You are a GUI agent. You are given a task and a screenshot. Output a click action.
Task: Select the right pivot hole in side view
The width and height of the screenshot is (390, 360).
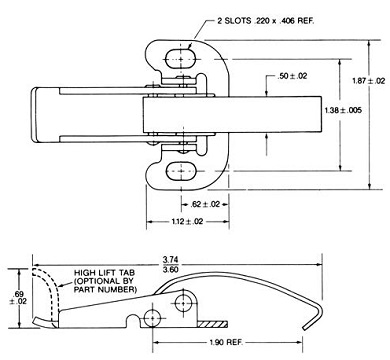[x=185, y=303]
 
